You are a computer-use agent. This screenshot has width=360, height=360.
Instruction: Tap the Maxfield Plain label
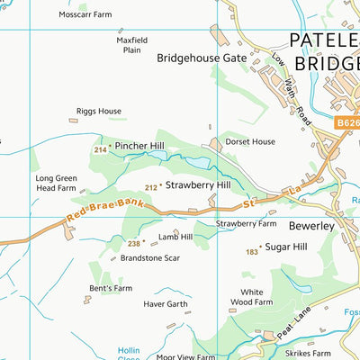(132, 45)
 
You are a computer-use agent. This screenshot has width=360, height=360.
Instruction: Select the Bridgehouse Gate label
(202, 58)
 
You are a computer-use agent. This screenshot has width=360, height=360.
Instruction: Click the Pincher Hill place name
(139, 146)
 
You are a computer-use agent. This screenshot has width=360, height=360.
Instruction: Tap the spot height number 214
(99, 149)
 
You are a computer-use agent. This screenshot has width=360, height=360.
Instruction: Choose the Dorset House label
(250, 141)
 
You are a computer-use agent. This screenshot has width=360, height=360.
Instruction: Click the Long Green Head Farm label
(56, 184)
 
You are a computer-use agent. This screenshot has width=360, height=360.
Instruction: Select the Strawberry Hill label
(198, 185)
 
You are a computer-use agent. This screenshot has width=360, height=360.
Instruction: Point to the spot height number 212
(150, 187)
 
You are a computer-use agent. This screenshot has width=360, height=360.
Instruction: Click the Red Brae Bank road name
(105, 212)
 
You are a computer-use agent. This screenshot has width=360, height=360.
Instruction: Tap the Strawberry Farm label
(246, 223)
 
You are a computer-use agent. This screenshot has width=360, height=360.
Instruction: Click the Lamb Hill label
(175, 237)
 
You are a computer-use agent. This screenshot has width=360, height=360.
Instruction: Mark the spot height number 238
(135, 243)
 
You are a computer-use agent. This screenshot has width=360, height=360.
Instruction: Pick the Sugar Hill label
(287, 247)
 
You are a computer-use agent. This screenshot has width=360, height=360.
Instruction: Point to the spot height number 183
(252, 253)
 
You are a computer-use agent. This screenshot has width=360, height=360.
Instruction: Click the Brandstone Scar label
(150, 257)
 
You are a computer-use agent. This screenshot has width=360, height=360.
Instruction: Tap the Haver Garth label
(166, 304)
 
